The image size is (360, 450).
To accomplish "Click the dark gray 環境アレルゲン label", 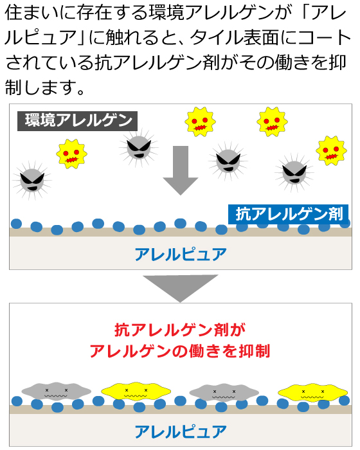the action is pyautogui.click(x=77, y=121).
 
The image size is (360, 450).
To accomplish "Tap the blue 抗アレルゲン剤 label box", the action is pyautogui.click(x=288, y=214).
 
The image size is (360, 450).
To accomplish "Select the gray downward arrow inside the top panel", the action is pyautogui.click(x=180, y=170).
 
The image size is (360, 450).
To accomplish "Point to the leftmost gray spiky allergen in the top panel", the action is pyautogui.click(x=32, y=180).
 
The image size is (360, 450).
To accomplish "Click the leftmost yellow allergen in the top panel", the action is pyautogui.click(x=71, y=154).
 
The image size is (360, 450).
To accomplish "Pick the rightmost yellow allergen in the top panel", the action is pyautogui.click(x=331, y=151).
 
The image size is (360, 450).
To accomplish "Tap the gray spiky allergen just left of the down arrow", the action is pyautogui.click(x=139, y=148).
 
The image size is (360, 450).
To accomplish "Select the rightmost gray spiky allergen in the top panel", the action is pyautogui.click(x=294, y=173).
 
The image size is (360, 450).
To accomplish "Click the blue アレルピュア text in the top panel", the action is pyautogui.click(x=181, y=255).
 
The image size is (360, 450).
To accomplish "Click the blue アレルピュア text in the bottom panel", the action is pyautogui.click(x=181, y=432).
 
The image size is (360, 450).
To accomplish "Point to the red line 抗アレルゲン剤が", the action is pyautogui.click(x=180, y=330).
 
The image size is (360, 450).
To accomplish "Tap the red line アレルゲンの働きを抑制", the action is pyautogui.click(x=180, y=351).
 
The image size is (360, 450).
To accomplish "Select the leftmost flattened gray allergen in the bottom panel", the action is pyautogui.click(x=57, y=391).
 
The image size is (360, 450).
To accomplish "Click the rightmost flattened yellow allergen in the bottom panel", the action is pyautogui.click(x=312, y=392).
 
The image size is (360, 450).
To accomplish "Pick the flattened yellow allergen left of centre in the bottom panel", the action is pyautogui.click(x=136, y=391).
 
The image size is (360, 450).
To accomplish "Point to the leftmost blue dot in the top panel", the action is pyautogui.click(x=16, y=224).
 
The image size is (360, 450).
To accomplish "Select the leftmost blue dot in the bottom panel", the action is pyautogui.click(x=17, y=401).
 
